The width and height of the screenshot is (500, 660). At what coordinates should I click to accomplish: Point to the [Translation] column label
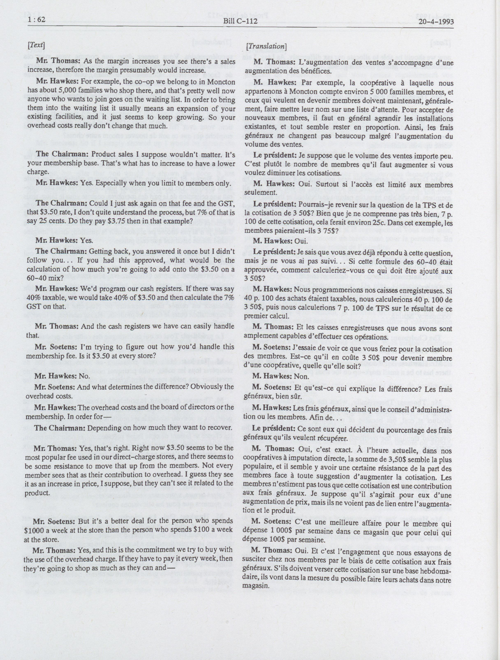(266, 47)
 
